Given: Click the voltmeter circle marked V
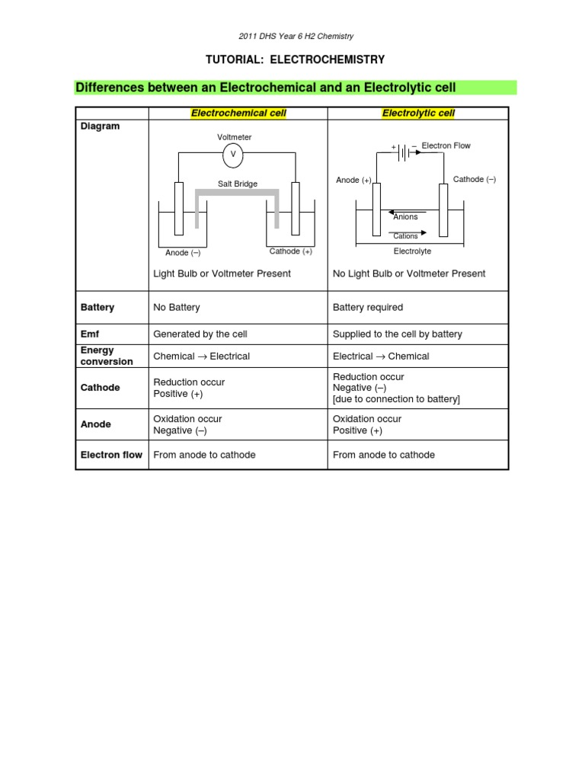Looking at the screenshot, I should coord(233,154).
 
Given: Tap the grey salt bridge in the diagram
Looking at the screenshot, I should coord(237,193).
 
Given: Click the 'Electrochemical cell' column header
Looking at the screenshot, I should coord(238,113).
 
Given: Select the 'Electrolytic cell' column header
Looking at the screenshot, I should coord(418,113).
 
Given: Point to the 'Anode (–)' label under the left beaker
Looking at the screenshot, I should coord(183,253).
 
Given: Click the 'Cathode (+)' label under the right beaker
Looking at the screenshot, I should coord(291,251).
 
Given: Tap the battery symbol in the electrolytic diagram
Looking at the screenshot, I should coord(404,152).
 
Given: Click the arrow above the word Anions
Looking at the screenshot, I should coord(404,213).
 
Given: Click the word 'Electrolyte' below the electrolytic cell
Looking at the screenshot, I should coord(412,251).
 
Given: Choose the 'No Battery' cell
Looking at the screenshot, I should coord(177,308).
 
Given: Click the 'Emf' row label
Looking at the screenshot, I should coord(90,334).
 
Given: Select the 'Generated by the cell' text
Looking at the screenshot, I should coord(200,334).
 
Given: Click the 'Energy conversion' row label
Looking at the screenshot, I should coord(107,356).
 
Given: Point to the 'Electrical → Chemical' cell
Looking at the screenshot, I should coord(381,356).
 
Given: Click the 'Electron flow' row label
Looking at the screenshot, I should coord(111,455).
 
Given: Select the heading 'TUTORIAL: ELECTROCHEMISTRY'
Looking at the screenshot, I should coord(292,59).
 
